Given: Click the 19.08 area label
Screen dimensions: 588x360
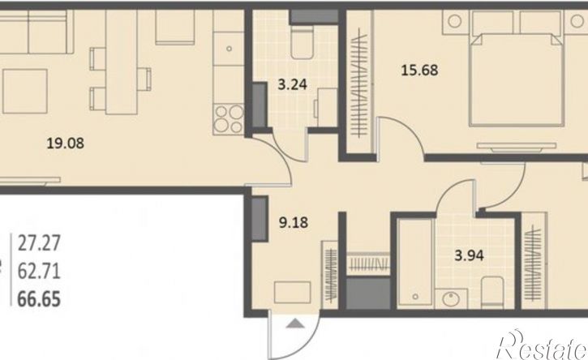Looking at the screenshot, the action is [x=65, y=143].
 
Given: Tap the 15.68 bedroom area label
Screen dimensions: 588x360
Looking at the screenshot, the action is [x=419, y=70].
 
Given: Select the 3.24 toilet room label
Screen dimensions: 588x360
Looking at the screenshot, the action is [x=293, y=84].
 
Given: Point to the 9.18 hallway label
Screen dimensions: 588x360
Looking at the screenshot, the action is [x=294, y=222].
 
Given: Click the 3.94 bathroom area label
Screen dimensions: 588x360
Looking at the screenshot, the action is [x=469, y=255].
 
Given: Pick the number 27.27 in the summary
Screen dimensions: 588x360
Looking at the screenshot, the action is [x=39, y=243].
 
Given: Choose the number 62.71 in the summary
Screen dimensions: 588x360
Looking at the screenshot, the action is [x=39, y=271].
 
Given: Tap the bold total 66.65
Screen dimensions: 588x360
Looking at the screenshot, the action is [x=39, y=299].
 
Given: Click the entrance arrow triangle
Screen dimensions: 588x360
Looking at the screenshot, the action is [x=295, y=324].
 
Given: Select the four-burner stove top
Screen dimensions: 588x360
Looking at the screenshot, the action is [x=229, y=119].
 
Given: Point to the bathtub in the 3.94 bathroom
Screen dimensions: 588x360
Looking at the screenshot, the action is [x=415, y=264].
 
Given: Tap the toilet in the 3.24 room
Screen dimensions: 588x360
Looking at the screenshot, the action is [x=303, y=42].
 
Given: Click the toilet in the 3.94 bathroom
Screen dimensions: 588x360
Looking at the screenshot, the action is [x=492, y=293].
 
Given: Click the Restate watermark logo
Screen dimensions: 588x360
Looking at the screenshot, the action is [x=542, y=345].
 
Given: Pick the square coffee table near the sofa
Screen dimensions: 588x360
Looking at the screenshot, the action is [x=25, y=91].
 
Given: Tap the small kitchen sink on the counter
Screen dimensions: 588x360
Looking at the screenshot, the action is [x=229, y=49].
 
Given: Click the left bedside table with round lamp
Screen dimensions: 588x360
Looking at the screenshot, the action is [x=455, y=22].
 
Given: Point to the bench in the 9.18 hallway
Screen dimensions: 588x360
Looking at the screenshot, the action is [x=293, y=293].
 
